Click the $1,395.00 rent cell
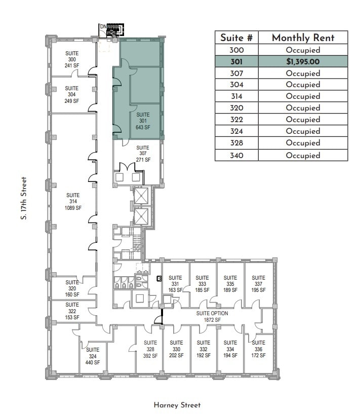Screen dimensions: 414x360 click(303, 61)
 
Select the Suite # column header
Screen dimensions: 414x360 click(236, 38)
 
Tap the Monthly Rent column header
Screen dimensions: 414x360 click(303, 38)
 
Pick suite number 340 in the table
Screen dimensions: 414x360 click(236, 155)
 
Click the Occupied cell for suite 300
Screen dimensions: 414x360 click(303, 50)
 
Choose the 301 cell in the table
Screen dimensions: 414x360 click(236, 61)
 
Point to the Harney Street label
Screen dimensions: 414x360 click(177, 405)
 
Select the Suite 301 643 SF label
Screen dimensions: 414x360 click(143, 121)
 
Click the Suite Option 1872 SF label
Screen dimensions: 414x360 click(212, 317)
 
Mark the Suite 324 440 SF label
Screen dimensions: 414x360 click(93, 356)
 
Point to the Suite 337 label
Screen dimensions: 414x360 click(258, 284)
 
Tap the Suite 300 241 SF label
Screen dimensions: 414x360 click(72, 59)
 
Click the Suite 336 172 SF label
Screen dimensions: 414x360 click(258, 349)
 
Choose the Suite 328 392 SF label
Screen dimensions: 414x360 click(150, 349)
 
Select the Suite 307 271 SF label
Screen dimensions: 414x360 click(143, 154)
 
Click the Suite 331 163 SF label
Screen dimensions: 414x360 click(175, 284)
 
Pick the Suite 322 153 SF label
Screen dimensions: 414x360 click(72, 311)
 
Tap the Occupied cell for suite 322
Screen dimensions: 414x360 click(303, 120)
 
